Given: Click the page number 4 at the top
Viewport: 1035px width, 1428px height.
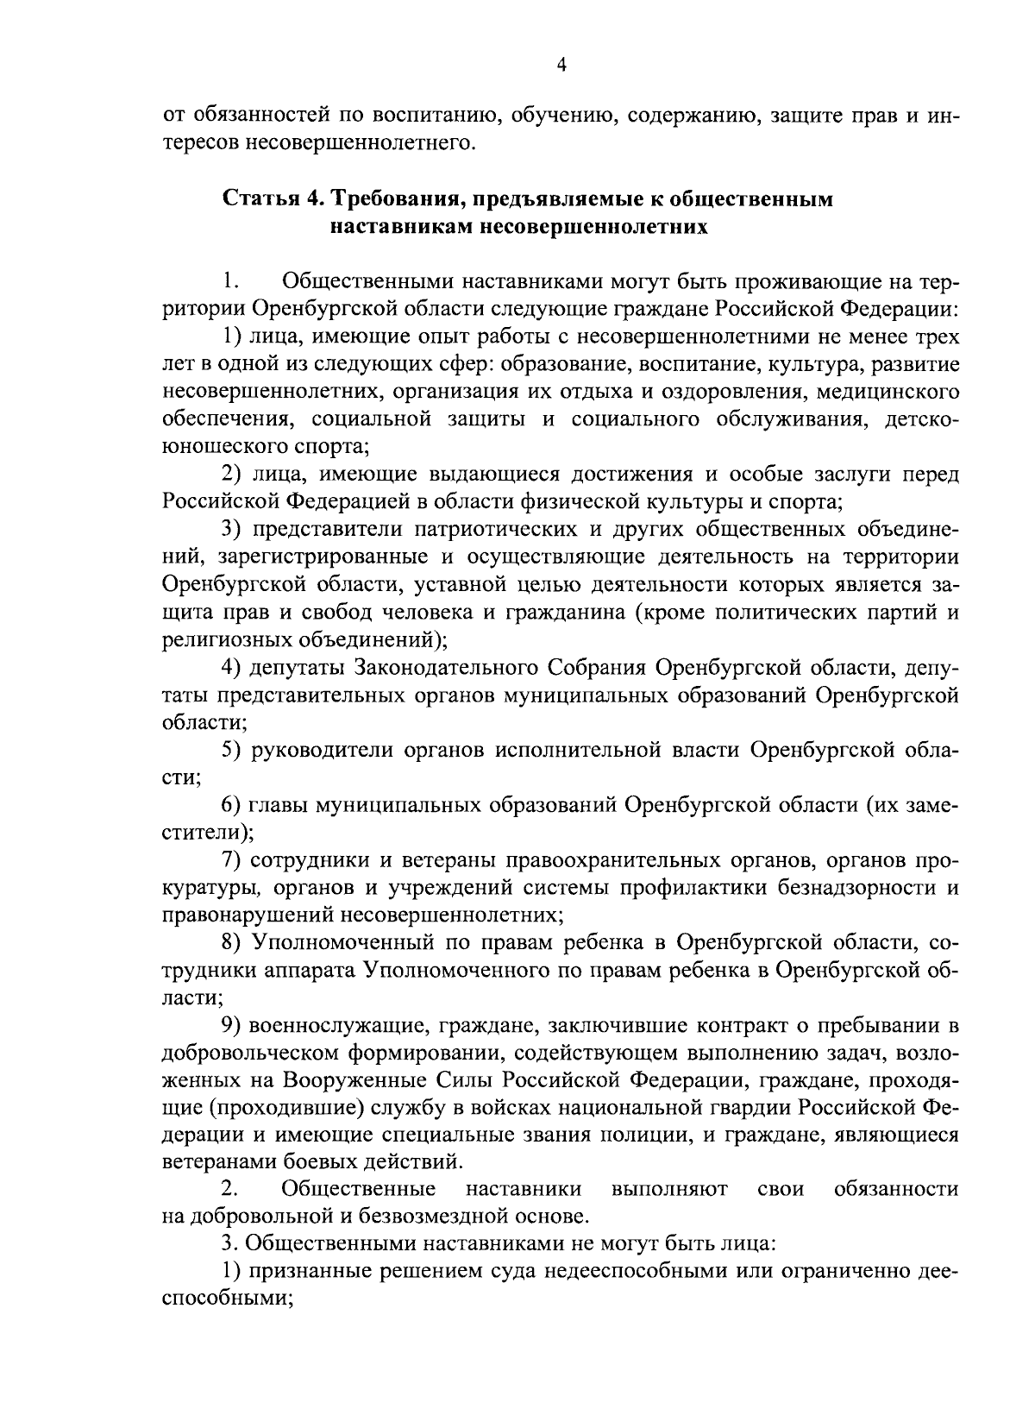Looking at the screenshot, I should [x=561, y=66].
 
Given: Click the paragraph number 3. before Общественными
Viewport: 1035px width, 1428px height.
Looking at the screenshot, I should [x=228, y=1244].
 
